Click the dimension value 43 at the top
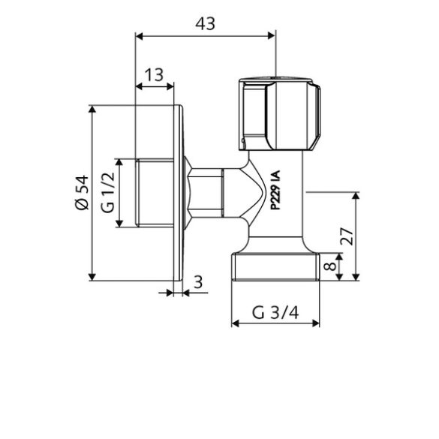(205, 23)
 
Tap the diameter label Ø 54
(82, 194)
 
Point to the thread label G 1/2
(107, 192)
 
